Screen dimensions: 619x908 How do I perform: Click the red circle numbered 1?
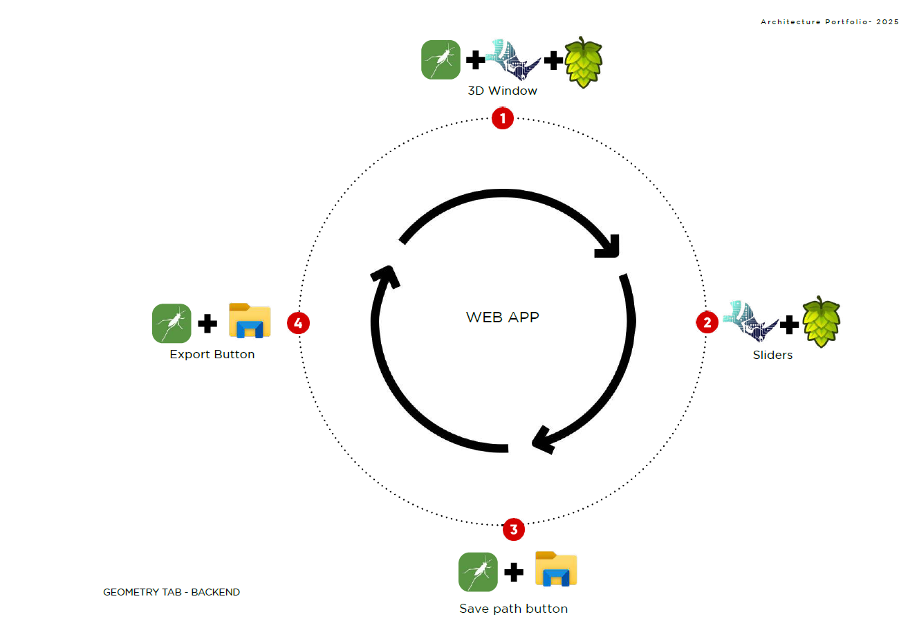(x=502, y=118)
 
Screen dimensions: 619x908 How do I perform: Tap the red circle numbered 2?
(x=707, y=322)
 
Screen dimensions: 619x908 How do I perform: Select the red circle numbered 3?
(x=513, y=530)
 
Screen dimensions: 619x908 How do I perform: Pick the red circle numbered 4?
(x=298, y=322)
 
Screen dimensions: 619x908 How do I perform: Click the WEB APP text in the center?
(x=502, y=317)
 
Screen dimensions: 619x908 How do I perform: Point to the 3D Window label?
(x=502, y=91)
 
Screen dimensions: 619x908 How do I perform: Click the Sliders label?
(x=772, y=355)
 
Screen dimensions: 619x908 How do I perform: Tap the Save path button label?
(x=513, y=609)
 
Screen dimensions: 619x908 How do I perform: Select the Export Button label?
(x=212, y=354)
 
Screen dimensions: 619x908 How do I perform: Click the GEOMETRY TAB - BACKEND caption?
(x=172, y=592)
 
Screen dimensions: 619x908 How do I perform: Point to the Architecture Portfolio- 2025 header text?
(x=830, y=22)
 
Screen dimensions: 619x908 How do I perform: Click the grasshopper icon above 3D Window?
(x=441, y=60)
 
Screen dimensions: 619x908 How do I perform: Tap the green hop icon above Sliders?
(x=821, y=322)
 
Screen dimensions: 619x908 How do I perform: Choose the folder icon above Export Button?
(x=250, y=321)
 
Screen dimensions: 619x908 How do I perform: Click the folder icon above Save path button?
(x=556, y=569)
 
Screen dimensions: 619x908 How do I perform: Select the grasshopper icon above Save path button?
(x=478, y=572)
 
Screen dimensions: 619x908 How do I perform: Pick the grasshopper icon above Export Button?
(x=172, y=323)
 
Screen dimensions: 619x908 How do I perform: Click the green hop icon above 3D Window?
(x=584, y=62)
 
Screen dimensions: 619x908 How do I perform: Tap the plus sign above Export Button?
(x=207, y=323)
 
